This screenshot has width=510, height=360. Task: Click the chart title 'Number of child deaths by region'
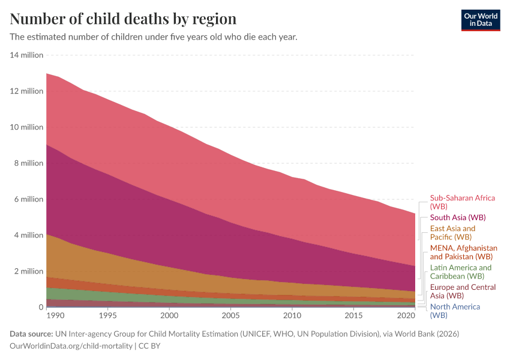tap(123, 19)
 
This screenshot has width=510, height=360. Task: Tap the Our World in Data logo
tap(480, 20)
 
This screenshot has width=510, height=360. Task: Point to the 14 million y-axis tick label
tap(27, 55)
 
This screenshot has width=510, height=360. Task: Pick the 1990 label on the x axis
tap(54, 315)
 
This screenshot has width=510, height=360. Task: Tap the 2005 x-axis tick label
tap(231, 315)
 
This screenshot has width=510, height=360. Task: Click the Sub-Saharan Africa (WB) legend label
tap(462, 202)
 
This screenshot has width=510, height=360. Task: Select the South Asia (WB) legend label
tap(458, 217)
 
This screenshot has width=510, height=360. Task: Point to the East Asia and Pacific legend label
tap(452, 233)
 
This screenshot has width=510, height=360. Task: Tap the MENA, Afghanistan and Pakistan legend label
tap(464, 252)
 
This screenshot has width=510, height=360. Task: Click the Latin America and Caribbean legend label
tap(460, 272)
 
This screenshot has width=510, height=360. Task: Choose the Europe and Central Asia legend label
tap(463, 291)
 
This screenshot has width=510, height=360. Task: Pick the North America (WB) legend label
tap(455, 311)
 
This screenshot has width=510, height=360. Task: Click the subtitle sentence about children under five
tap(154, 37)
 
